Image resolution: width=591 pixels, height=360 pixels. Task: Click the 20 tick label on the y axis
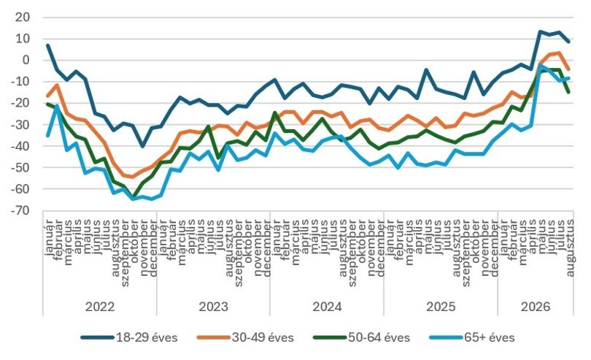pos(22,18)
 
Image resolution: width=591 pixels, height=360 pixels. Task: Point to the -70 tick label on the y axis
pos(19,210)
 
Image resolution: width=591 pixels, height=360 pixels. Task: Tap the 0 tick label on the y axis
pos(26,60)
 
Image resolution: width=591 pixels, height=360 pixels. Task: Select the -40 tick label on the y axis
pos(19,146)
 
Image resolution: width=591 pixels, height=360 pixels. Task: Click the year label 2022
pos(100,307)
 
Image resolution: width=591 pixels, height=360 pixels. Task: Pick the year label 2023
pos(213,307)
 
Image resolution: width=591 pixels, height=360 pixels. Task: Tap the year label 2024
pos(327,307)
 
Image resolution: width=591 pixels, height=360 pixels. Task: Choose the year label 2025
pos(441,307)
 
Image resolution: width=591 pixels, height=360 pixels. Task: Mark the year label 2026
pos(536,307)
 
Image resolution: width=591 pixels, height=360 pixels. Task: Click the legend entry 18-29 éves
pos(129,337)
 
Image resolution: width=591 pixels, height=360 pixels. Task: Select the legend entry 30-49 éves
pos(245,337)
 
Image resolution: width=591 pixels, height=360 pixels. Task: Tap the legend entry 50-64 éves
pos(362,337)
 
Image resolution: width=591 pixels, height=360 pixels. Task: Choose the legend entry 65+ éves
pos(472,337)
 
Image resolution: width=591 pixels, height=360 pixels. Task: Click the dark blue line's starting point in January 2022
pos(48,45)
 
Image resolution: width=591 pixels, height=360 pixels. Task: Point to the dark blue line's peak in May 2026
pos(540,31)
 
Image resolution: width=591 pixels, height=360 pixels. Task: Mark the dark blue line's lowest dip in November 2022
pos(142,146)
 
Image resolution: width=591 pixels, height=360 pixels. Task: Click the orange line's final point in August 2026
pos(568,69)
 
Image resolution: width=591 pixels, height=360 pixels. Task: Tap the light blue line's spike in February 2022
pos(58,106)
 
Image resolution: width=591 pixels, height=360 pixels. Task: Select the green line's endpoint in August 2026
pos(568,92)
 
